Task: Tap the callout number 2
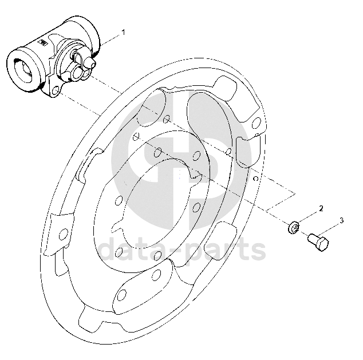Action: click(321, 208)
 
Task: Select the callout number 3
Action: click(341, 220)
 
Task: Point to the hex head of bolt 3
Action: click(322, 245)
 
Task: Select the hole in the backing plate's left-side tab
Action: click(64, 232)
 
